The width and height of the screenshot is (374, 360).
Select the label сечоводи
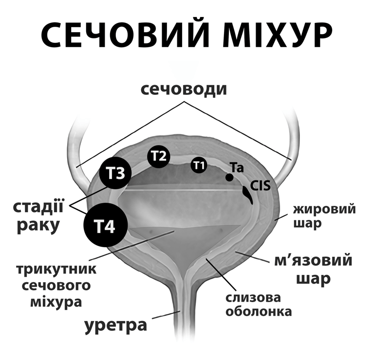click(184, 90)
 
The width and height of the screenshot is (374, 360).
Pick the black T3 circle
click(115, 174)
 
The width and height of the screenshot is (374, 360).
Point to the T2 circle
click(159, 156)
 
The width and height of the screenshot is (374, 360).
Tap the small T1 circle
click(198, 165)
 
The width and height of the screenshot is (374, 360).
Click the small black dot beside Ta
click(229, 177)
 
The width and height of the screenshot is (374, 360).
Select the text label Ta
click(237, 168)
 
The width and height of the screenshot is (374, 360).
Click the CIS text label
click(260, 185)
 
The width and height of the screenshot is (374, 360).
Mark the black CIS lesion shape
click(248, 196)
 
